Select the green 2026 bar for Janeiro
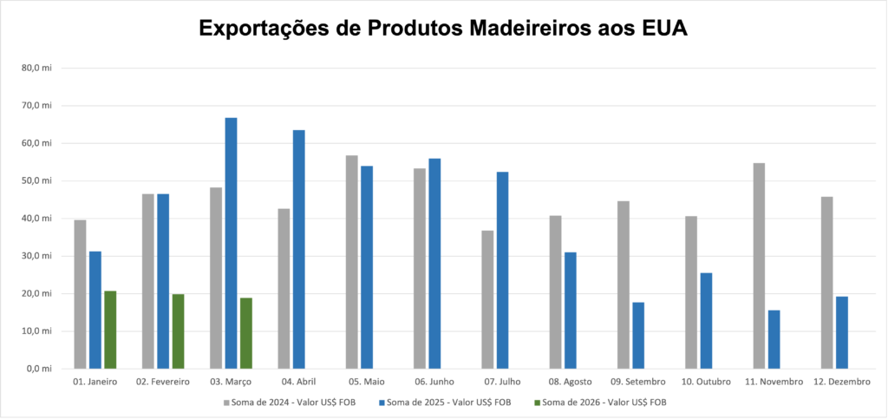click(x=110, y=330)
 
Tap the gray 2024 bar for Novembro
click(x=759, y=265)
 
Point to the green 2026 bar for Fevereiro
click(x=178, y=331)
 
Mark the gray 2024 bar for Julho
click(x=487, y=299)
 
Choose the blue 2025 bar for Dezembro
click(x=841, y=332)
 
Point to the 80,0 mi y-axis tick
click(x=38, y=68)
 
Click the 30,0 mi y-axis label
click(x=38, y=256)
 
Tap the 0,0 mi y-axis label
click(x=40, y=369)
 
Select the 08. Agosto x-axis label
click(x=571, y=382)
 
